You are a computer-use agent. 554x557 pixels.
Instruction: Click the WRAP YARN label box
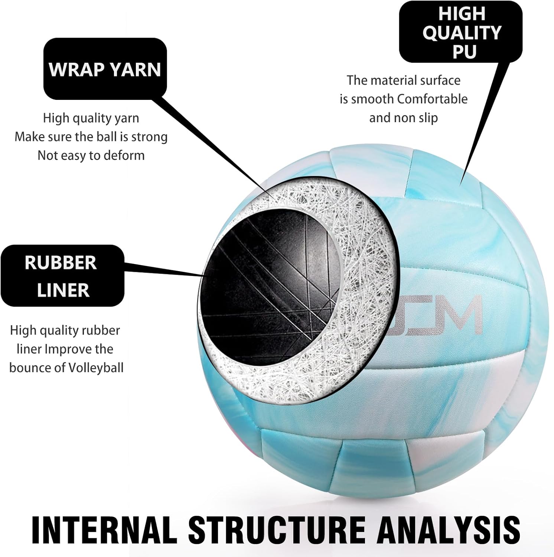pyautogui.click(x=105, y=69)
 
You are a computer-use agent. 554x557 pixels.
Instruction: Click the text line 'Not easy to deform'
pyautogui.click(x=91, y=155)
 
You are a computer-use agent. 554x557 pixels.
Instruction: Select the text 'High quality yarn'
pyautogui.click(x=91, y=118)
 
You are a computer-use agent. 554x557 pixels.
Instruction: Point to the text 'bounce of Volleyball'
pyautogui.click(x=66, y=368)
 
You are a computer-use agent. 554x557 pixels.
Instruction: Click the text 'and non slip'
pyautogui.click(x=404, y=118)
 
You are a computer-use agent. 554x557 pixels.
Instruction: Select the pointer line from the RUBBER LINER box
pyautogui.click(x=163, y=269)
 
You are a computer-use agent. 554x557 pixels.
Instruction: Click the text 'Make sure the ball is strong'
pyautogui.click(x=91, y=137)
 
